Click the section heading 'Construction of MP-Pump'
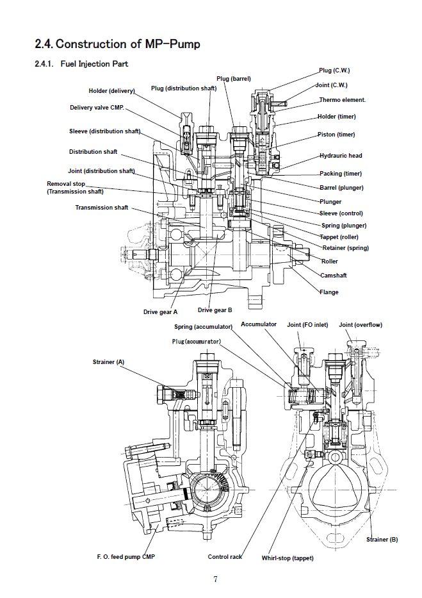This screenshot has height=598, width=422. (x=118, y=44)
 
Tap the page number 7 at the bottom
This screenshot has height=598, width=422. (x=215, y=579)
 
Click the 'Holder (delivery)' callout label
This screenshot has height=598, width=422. (x=111, y=91)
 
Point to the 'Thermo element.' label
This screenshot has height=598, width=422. (x=343, y=100)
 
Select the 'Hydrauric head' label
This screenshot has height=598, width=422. (x=341, y=156)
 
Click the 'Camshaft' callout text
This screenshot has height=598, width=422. (x=333, y=275)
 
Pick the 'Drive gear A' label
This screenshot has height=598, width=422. (x=160, y=312)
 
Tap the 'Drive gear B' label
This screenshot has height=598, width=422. (x=215, y=310)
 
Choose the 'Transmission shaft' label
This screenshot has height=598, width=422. (x=101, y=208)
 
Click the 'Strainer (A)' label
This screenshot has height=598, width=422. (x=108, y=362)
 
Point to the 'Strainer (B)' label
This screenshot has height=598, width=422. (x=382, y=539)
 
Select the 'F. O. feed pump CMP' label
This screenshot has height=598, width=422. (x=126, y=556)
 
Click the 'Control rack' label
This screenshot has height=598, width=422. (x=225, y=556)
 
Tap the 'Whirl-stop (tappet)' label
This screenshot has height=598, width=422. (x=288, y=558)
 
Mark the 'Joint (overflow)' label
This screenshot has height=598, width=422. (x=360, y=325)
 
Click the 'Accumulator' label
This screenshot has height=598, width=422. (x=259, y=324)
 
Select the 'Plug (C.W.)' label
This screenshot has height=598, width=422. (x=334, y=71)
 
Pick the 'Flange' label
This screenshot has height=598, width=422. (x=329, y=292)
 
